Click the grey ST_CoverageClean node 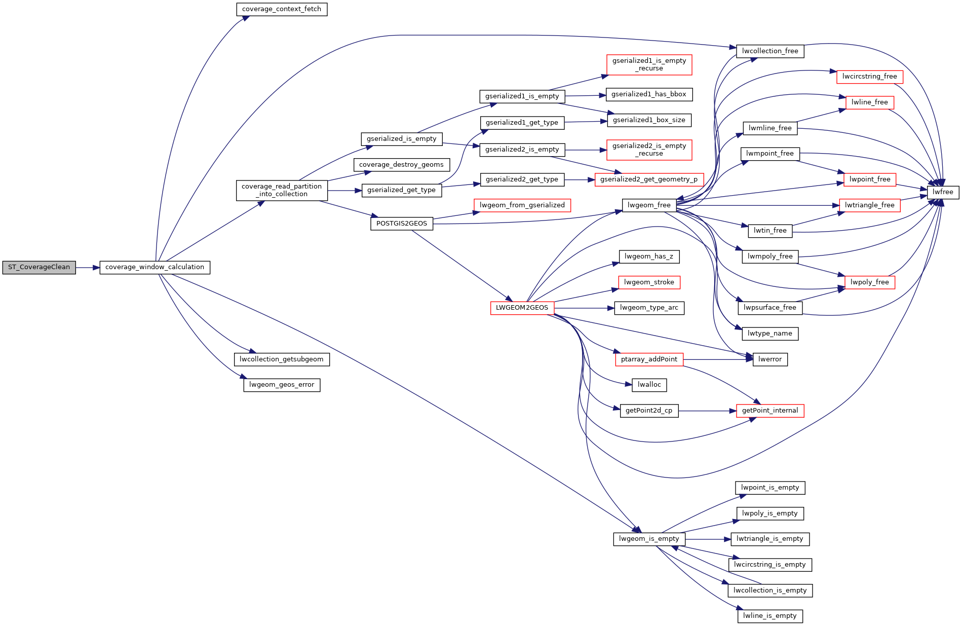click(39, 268)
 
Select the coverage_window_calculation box click(155, 268)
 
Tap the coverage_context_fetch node click(282, 10)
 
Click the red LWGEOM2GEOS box click(522, 308)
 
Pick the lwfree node click(943, 193)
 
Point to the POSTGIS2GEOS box click(402, 224)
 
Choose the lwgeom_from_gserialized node click(522, 205)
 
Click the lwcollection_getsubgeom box click(282, 359)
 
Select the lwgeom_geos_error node click(282, 385)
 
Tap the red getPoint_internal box click(770, 411)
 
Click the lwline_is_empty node click(770, 616)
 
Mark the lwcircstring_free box click(869, 77)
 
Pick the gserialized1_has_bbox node click(649, 95)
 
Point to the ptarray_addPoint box click(649, 359)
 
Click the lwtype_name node click(770, 334)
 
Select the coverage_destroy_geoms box click(401, 165)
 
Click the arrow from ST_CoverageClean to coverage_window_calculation click(88, 268)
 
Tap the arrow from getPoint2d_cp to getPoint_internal click(707, 411)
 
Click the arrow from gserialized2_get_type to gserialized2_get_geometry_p click(580, 180)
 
